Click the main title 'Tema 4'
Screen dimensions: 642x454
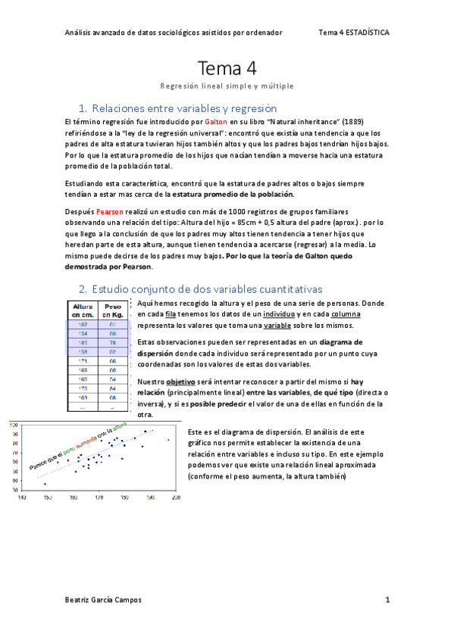click(227, 68)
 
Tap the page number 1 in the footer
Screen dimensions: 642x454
click(387, 600)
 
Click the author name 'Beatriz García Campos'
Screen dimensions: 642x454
click(104, 600)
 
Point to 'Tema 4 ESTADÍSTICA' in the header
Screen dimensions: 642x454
click(354, 33)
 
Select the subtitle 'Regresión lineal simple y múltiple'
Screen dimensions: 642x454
click(227, 86)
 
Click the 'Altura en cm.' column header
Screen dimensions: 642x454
click(83, 310)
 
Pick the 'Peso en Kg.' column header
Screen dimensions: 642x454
click(111, 310)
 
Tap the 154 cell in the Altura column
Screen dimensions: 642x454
click(83, 332)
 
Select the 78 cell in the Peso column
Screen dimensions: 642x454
click(111, 342)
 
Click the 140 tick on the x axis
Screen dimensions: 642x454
click(22, 497)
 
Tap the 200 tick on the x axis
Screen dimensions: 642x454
click(176, 497)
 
